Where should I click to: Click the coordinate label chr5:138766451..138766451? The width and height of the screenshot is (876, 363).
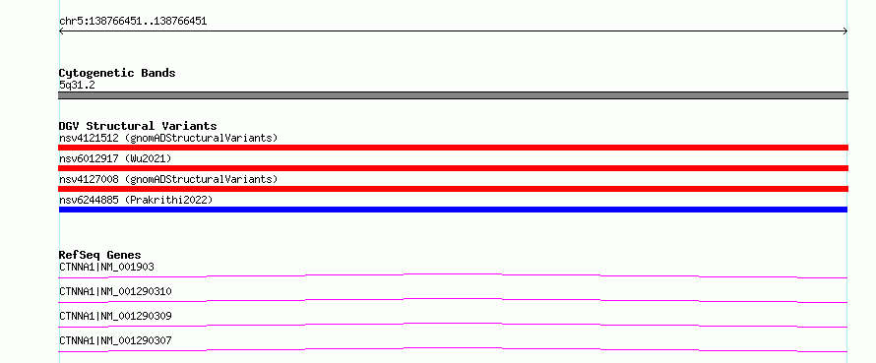133,22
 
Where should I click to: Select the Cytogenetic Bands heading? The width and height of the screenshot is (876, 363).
117,73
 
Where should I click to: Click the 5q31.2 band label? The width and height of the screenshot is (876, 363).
77,85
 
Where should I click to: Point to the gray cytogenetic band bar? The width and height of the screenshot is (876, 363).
453,95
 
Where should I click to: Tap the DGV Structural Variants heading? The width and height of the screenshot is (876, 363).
138,126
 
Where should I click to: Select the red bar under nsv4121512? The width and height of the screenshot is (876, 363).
453,148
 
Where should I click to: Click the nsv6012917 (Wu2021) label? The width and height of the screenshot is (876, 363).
115,158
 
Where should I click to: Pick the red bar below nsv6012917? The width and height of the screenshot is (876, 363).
453,168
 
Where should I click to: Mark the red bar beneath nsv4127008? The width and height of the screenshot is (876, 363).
453,189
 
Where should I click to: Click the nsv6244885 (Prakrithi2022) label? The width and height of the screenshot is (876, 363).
136,200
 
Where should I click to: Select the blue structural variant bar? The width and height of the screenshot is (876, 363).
453,210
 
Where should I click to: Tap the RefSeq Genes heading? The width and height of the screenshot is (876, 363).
100,255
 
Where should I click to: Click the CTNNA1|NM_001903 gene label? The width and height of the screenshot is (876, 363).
106,267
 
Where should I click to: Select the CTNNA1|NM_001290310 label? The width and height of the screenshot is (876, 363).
115,291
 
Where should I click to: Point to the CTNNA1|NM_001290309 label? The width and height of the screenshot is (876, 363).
115,316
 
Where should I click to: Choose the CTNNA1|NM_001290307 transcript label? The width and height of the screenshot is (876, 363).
115,340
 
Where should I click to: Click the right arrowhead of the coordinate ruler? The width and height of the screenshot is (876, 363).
846,31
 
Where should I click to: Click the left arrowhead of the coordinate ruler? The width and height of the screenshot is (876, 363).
60,31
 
